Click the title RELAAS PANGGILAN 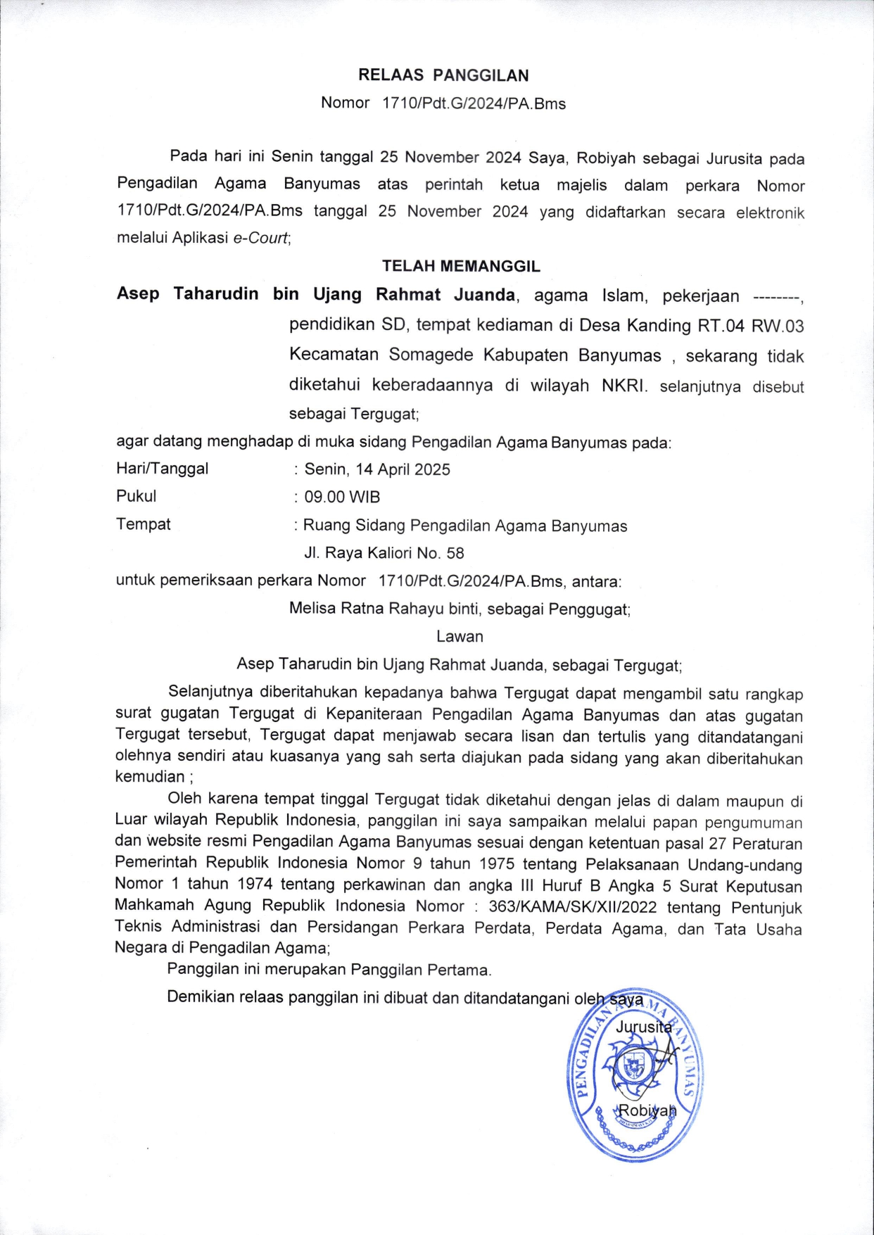(443, 75)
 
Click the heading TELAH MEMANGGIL (461, 266)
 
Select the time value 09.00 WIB (342, 497)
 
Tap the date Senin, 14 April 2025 (377, 469)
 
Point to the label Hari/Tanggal (163, 469)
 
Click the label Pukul (137, 496)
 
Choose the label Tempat (144, 524)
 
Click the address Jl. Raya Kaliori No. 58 (384, 553)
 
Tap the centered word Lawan (460, 636)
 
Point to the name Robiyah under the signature (646, 1111)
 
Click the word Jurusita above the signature (643, 1027)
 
